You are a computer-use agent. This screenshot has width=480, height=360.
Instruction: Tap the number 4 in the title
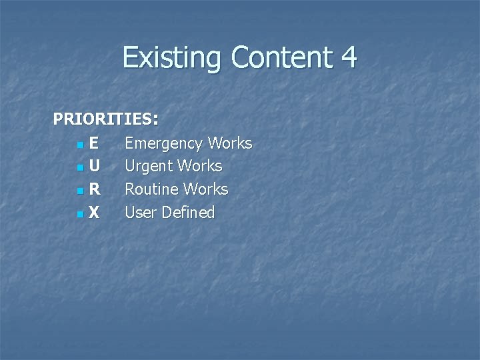coord(348,58)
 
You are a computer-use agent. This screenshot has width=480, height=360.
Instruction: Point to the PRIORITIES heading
coord(105,119)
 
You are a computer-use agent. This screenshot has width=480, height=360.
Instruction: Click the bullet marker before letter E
coord(80,145)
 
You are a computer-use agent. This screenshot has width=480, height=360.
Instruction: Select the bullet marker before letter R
coord(80,191)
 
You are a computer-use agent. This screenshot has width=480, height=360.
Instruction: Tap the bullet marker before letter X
coord(80,215)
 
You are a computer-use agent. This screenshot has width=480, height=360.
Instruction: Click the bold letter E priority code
coord(94,143)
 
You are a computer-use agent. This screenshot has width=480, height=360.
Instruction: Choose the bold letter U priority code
coord(95,166)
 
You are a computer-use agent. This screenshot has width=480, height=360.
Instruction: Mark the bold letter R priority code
coord(95,189)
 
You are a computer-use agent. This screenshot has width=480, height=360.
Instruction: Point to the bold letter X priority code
coord(95,213)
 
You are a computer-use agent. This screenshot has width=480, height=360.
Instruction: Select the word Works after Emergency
coord(230,143)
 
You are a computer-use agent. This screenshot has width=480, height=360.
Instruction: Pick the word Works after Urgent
coord(200,166)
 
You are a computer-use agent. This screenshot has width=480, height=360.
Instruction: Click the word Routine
coord(152,189)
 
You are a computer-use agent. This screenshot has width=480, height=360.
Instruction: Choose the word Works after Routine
coord(206,189)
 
